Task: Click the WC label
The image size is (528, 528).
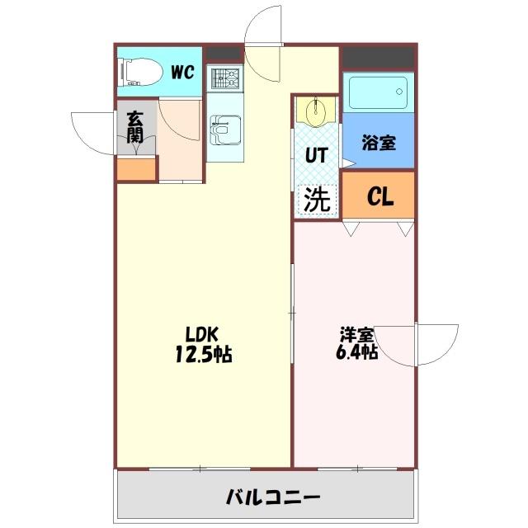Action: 182,72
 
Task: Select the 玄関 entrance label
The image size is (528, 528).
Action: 134,128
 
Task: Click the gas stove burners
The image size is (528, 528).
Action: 224,79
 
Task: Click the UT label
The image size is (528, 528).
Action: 318,155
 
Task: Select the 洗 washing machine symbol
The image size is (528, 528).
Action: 318,199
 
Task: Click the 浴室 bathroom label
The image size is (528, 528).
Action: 379,142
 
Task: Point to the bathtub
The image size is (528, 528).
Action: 378,92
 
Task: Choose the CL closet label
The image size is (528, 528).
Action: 379,196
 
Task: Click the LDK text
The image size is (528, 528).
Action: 200,335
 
